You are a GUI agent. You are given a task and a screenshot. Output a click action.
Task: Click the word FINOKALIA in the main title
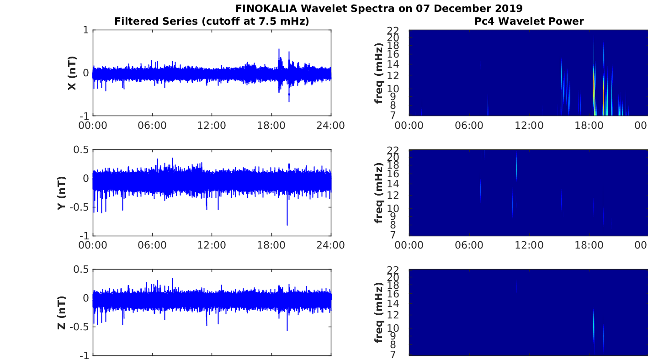(x=266, y=8)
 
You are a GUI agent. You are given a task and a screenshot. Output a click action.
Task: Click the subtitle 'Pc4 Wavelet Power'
(x=529, y=21)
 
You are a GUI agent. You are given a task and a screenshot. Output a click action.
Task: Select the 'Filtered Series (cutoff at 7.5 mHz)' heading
(x=212, y=21)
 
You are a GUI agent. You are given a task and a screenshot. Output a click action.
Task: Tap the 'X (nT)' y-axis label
(x=72, y=73)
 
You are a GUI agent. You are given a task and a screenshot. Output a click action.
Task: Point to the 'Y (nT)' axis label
(x=62, y=193)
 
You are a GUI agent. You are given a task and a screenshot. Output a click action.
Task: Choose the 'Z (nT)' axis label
(x=62, y=312)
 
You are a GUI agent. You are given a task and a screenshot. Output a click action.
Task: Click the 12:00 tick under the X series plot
(x=212, y=126)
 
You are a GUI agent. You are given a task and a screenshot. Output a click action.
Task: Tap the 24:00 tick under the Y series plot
(x=331, y=245)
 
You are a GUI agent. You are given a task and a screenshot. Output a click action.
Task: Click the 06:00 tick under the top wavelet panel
(x=469, y=126)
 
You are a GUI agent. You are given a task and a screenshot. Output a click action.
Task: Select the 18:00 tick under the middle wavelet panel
(x=589, y=245)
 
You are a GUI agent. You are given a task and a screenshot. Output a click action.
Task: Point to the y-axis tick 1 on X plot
(x=85, y=30)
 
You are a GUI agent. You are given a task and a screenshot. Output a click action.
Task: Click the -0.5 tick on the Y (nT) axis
(x=79, y=207)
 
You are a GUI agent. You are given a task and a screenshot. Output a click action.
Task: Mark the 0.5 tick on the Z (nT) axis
(x=81, y=269)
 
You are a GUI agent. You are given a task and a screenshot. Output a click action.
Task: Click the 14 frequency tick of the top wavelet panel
(x=393, y=64)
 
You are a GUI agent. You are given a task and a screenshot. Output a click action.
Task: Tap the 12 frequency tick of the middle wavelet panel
(x=393, y=195)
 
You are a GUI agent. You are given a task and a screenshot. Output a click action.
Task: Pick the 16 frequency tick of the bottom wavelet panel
(x=393, y=294)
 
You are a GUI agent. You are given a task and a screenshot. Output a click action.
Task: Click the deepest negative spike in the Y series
(x=287, y=225)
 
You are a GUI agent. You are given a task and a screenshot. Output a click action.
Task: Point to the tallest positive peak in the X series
(x=279, y=49)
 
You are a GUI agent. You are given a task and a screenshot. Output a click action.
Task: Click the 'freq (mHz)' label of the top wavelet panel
(x=378, y=73)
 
